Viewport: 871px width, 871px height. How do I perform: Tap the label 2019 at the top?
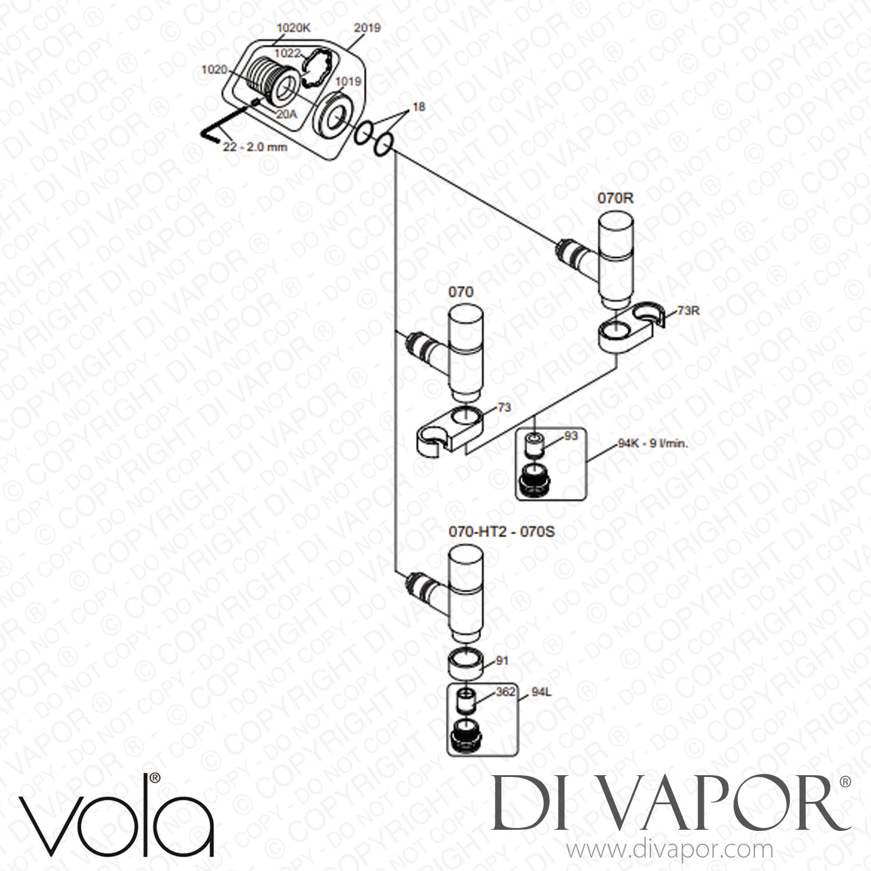pos(367,27)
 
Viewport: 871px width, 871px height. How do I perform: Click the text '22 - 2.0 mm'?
pos(255,147)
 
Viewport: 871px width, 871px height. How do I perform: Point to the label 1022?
pos(287,53)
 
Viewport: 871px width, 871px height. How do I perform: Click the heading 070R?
pos(616,198)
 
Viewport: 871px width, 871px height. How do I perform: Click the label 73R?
pos(688,311)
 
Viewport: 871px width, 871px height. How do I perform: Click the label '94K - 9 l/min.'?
pos(653,444)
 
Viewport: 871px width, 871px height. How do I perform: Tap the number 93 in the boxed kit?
pos(571,435)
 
